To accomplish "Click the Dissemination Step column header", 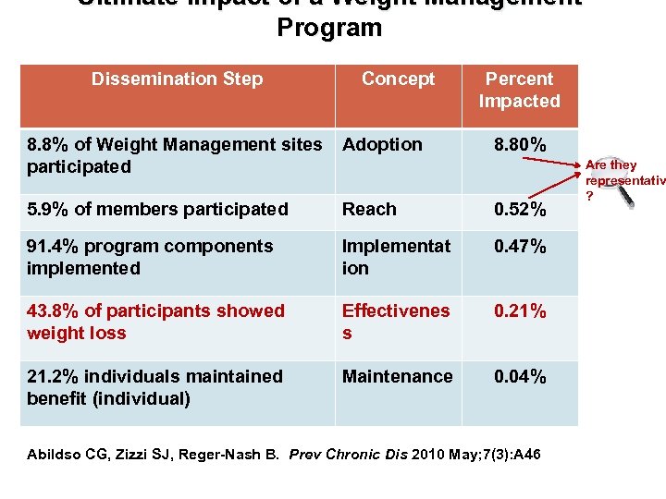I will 177,79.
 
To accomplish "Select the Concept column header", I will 398,79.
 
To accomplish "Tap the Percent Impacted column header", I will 520,91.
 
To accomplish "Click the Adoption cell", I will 382,145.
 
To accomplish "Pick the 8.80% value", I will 519,145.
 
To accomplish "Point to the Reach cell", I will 369,210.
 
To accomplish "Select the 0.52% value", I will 519,212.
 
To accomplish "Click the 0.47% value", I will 519,247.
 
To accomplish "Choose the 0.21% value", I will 519,311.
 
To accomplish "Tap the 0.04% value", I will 519,377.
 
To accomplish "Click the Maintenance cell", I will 398,377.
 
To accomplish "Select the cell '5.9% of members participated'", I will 157,210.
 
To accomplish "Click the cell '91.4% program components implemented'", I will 150,258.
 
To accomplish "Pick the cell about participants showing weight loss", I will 155,323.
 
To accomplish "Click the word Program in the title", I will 329,28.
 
